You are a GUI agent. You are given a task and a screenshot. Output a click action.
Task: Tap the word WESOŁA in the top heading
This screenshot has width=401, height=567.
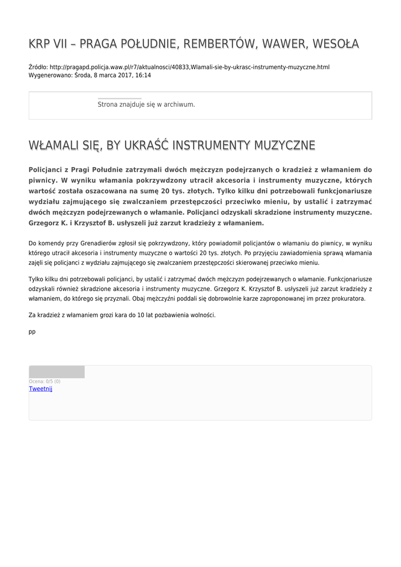pos(335,43)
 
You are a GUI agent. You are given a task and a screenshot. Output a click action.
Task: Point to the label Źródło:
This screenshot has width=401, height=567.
pos(38,67)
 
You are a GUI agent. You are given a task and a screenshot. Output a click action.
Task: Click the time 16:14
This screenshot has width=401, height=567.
pos(143,75)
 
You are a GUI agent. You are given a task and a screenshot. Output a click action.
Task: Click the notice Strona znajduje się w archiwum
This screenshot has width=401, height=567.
pos(146,104)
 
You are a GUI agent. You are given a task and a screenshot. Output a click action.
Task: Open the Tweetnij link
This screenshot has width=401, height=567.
pos(40,389)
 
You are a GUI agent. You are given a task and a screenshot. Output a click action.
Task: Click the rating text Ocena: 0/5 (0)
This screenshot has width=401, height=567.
pos(45,382)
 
